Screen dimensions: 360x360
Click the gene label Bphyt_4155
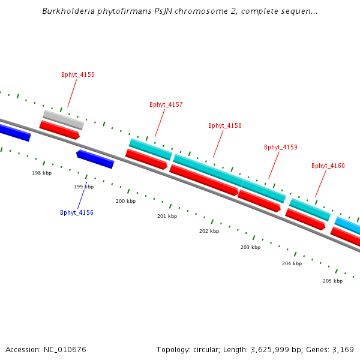78,75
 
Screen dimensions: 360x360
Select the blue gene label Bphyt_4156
77,212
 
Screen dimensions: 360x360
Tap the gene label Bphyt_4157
166,104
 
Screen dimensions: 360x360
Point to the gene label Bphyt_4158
225,126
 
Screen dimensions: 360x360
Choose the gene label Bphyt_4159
281,147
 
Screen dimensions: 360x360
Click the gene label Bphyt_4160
328,166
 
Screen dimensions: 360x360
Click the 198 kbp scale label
42,173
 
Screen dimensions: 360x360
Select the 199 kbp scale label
84,187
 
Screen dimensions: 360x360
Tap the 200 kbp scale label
125,201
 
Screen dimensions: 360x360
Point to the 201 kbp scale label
167,216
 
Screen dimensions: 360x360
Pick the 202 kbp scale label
209,231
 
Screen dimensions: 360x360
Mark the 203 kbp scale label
250,247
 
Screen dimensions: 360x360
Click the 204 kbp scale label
292,263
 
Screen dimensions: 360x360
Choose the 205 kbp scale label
332,281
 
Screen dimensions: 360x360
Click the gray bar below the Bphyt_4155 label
64,119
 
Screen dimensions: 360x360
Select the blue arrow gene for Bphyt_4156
95,160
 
